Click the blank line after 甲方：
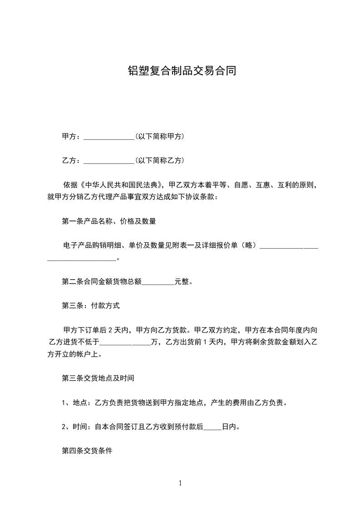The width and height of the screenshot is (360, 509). pos(109,137)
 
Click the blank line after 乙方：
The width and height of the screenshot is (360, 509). pos(109,161)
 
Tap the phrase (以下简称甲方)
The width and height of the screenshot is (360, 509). pos(159,137)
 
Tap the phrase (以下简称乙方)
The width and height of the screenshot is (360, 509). pos(159,161)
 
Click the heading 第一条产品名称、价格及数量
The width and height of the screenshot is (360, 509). pos(109,221)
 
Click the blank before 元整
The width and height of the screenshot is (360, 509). pos(158,282)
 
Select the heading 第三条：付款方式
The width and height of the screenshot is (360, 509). pos(91,306)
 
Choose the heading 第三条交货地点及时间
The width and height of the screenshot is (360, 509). pos(98,378)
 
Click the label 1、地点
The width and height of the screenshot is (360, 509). pos(75,402)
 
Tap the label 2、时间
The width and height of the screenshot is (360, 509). pos(75,427)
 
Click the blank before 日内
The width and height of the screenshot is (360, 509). pos(213,427)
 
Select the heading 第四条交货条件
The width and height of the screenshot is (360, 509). pos(87,451)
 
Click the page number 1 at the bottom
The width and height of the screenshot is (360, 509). pos(180,483)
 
